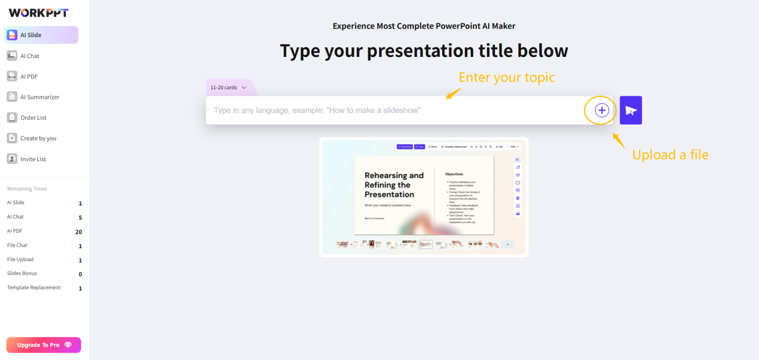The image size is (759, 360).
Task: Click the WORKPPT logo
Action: pyautogui.click(x=39, y=13)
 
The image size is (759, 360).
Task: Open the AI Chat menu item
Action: pyautogui.click(x=29, y=56)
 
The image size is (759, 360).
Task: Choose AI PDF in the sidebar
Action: pyautogui.click(x=29, y=76)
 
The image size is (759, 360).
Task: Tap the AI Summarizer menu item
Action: pyautogui.click(x=40, y=97)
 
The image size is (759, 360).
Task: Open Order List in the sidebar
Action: pyautogui.click(x=33, y=117)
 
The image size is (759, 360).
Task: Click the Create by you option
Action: pyautogui.click(x=38, y=138)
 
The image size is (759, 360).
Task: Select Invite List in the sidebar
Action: pyautogui.click(x=33, y=159)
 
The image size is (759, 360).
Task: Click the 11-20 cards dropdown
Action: pyautogui.click(x=228, y=87)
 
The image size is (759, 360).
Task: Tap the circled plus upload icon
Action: pyautogui.click(x=601, y=110)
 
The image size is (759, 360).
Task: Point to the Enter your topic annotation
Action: pyautogui.click(x=506, y=77)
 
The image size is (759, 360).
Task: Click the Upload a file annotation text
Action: pyautogui.click(x=670, y=155)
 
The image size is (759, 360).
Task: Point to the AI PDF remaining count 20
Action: pyautogui.click(x=78, y=232)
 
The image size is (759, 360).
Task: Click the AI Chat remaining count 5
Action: pyautogui.click(x=80, y=217)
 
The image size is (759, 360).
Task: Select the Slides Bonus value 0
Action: pyautogui.click(x=80, y=274)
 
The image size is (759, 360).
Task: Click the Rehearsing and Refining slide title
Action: pyautogui.click(x=394, y=184)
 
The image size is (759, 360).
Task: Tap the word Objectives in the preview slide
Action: pyautogui.click(x=453, y=174)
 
